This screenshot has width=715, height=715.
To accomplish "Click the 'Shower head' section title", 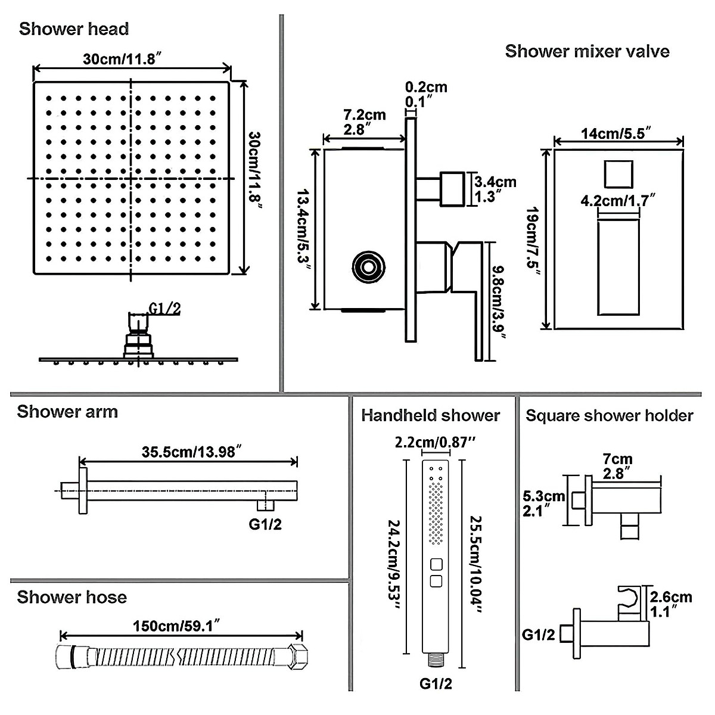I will click(x=74, y=29).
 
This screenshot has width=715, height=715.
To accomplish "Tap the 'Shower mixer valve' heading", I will click(x=587, y=51).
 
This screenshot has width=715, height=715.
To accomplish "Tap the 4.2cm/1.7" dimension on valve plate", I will click(x=618, y=200).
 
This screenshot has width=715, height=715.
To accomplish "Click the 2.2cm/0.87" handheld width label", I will click(x=434, y=442).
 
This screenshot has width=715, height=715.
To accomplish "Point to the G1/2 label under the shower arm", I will click(x=265, y=524).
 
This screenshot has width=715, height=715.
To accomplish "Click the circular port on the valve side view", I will click(x=366, y=266).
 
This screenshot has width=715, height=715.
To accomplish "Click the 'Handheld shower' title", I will click(x=430, y=415).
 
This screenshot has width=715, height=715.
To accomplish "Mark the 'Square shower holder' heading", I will click(x=609, y=415).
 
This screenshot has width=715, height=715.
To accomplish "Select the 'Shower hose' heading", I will click(x=71, y=597).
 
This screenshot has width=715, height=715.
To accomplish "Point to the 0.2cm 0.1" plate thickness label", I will click(x=426, y=94).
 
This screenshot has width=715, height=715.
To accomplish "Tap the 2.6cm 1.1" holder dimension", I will click(x=670, y=604).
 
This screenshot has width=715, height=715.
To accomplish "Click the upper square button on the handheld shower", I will click(x=436, y=564).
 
